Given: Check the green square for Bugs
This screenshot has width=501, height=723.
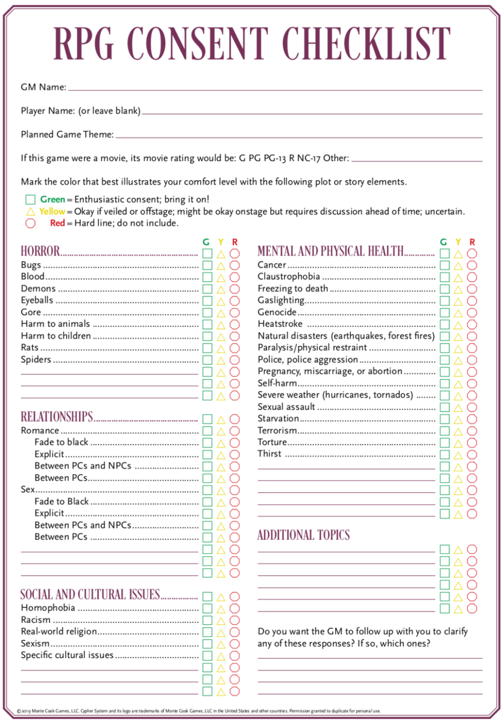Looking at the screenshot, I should [x=207, y=265].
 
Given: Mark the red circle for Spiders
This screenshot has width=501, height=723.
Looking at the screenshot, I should [x=235, y=360].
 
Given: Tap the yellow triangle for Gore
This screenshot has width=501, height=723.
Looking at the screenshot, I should [x=221, y=313].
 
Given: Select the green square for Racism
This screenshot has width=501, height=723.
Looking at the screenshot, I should [x=207, y=620].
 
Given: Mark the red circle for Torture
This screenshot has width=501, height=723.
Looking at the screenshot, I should [x=472, y=443].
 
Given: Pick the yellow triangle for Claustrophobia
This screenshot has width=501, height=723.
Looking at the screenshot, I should [x=458, y=277].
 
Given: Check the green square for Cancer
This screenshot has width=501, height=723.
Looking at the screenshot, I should [x=445, y=265].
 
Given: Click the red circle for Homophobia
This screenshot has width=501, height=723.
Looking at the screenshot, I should [x=235, y=609].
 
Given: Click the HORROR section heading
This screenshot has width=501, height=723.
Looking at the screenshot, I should [x=40, y=251].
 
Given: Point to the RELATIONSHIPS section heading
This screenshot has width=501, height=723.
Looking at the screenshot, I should [x=57, y=417].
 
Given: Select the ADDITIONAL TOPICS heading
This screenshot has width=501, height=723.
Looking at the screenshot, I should [x=303, y=535].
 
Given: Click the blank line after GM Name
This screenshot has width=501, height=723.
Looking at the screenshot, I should [x=275, y=89].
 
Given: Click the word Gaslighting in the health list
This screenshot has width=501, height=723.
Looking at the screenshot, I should [x=281, y=301].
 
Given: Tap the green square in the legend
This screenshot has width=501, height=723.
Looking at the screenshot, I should [x=31, y=199].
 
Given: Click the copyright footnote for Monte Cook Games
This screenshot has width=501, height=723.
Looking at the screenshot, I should [x=199, y=711].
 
